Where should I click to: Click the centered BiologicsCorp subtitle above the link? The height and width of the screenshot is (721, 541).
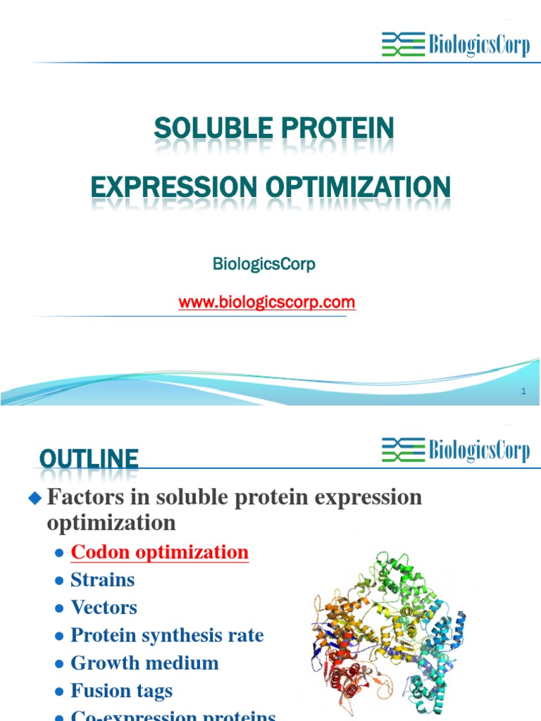pyautogui.click(x=264, y=264)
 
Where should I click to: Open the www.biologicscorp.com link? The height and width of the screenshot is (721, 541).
pyautogui.click(x=267, y=303)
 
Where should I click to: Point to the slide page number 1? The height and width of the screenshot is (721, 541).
pyautogui.click(x=523, y=391)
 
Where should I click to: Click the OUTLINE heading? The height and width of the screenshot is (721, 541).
pyautogui.click(x=89, y=460)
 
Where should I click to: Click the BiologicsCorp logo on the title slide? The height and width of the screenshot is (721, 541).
pyautogui.click(x=455, y=44)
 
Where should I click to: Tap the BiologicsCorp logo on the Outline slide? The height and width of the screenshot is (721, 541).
pyautogui.click(x=455, y=449)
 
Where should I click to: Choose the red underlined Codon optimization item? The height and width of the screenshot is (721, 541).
pyautogui.click(x=159, y=552)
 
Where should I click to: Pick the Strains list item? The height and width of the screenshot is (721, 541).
pyautogui.click(x=103, y=580)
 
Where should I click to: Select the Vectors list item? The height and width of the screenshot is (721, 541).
pyautogui.click(x=104, y=608)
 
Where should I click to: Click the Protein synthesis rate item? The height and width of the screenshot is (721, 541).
pyautogui.click(x=167, y=635)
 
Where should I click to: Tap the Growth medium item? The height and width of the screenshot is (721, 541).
pyautogui.click(x=144, y=663)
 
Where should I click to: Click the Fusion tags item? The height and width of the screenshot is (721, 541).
pyautogui.click(x=121, y=691)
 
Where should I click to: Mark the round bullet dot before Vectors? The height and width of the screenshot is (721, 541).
pyautogui.click(x=59, y=609)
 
